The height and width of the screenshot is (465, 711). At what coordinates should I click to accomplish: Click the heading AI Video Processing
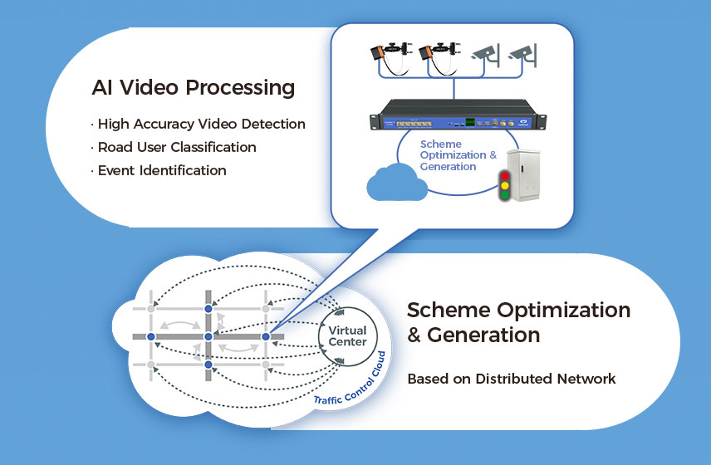(193, 87)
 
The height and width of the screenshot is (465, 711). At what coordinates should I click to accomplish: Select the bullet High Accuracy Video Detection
(200, 125)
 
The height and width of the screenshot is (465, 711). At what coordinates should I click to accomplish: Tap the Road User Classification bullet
(175, 147)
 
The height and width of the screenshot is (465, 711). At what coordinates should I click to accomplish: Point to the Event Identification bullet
(160, 170)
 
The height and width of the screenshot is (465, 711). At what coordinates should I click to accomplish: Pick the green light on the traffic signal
(503, 198)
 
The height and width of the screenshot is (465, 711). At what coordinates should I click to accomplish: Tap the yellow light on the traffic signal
(503, 187)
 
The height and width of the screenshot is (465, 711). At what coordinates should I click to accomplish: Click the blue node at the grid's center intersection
(208, 336)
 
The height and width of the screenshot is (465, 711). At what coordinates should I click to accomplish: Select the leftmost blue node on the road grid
(150, 336)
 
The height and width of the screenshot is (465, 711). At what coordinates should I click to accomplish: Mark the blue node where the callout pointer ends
(266, 336)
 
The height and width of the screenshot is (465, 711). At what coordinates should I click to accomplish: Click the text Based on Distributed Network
(511, 379)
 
